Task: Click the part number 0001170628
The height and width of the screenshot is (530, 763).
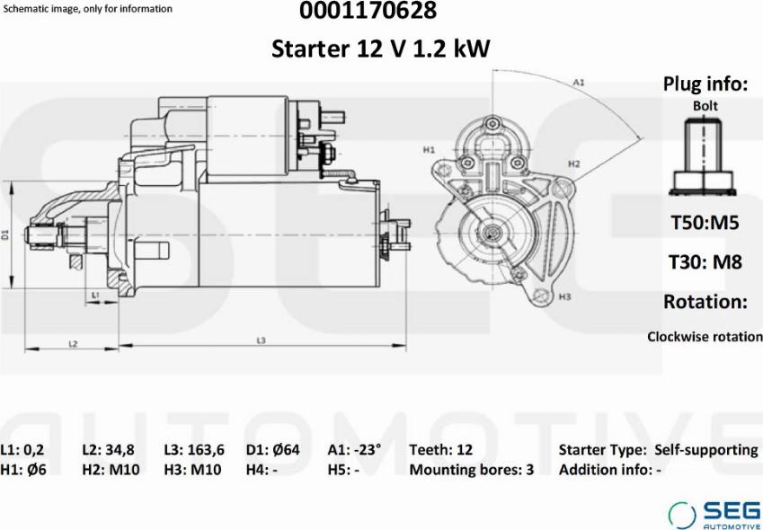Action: (368, 11)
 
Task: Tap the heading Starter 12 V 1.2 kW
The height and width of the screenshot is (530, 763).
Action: (380, 49)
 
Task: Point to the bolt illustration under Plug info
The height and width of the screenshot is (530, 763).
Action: (702, 156)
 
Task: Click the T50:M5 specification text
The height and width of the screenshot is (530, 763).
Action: (705, 223)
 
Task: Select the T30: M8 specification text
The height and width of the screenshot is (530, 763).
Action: (705, 262)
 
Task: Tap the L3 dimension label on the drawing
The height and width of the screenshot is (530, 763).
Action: (261, 340)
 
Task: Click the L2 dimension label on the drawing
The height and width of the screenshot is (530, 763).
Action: (73, 344)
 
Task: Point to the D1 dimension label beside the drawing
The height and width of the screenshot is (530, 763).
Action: (5, 234)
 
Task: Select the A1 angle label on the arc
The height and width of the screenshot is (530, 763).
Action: (578, 83)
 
